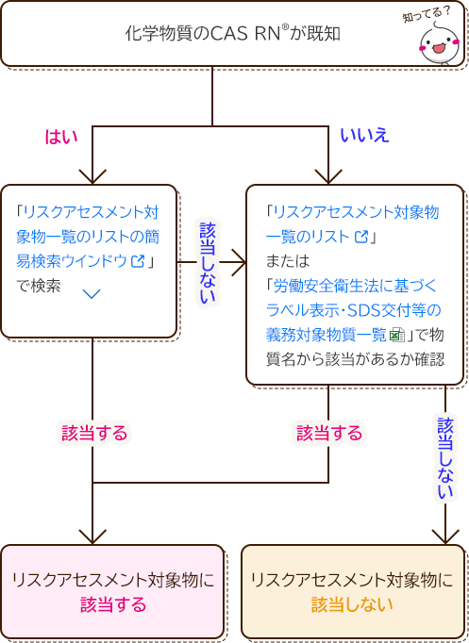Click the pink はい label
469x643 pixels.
61,136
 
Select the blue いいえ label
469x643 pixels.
363,136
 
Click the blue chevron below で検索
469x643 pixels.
92,294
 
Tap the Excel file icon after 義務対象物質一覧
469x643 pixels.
397,334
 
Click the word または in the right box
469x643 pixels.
288,260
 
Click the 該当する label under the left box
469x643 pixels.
94,433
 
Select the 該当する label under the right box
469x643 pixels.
329,433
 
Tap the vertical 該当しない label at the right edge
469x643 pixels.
445,459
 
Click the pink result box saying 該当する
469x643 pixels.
112,592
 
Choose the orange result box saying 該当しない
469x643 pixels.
352,592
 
